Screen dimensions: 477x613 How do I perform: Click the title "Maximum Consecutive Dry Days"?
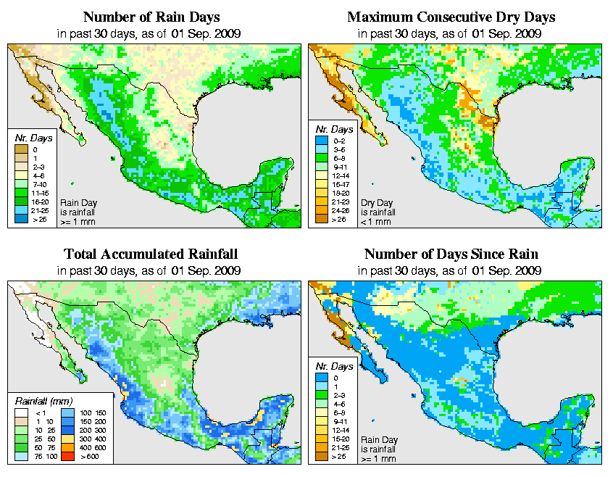click(x=451, y=17)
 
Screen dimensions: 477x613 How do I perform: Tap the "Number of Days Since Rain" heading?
click(x=451, y=254)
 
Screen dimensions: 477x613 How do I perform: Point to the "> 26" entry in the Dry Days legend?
click(x=323, y=218)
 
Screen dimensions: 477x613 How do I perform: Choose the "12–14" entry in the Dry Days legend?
click(x=323, y=175)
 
